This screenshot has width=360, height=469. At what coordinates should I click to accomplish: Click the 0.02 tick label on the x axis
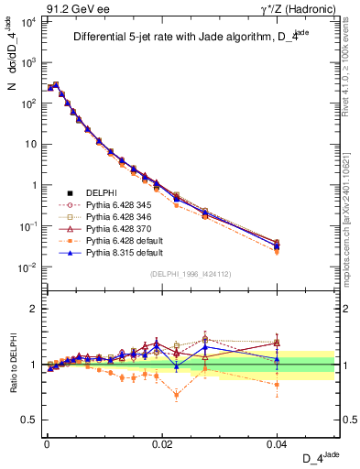[x=162, y=442]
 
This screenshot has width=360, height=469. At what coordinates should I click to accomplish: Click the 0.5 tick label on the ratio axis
[x=29, y=420]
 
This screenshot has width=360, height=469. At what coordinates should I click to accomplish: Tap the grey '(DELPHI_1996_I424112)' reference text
[x=192, y=274]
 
